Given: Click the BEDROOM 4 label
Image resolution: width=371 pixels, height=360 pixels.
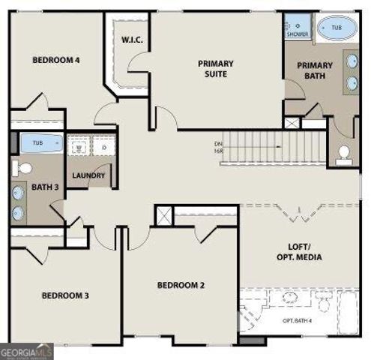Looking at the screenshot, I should [x=55, y=61].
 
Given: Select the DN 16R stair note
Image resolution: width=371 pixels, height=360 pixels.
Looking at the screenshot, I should [x=217, y=147].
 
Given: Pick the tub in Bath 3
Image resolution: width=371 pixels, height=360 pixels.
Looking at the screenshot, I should [x=35, y=143].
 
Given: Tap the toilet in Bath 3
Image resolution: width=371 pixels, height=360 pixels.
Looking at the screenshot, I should [x=23, y=166].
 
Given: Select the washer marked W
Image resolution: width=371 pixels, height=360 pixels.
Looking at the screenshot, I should [x=79, y=148].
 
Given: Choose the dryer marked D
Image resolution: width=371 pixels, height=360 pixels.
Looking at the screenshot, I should [x=104, y=148].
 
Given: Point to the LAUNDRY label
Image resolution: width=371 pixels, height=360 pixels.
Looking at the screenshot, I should [x=88, y=176].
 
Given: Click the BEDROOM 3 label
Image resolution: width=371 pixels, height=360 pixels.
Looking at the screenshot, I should [x=64, y=295].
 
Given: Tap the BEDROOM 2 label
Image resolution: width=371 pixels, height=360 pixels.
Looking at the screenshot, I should [x=181, y=285].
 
